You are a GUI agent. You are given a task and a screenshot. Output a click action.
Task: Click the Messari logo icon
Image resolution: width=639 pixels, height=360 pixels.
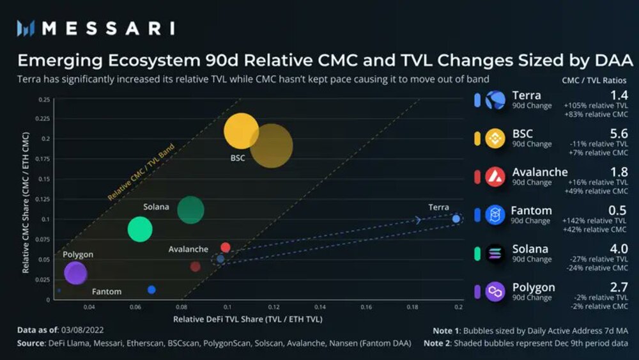26,28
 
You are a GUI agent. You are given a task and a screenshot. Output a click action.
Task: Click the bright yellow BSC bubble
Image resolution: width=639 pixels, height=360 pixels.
242,131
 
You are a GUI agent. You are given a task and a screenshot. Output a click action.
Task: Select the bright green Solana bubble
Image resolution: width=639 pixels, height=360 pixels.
140,229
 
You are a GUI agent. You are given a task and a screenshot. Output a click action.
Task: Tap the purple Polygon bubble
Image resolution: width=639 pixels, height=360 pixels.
75,274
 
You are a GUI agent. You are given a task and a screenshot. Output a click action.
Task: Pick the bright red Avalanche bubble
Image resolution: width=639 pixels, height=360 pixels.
225,247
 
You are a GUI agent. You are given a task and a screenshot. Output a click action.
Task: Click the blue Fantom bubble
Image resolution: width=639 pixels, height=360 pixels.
151,290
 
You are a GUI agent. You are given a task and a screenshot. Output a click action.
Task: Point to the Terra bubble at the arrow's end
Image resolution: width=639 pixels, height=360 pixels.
456,219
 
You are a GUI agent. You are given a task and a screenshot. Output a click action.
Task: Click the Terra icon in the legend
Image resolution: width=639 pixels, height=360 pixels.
495,100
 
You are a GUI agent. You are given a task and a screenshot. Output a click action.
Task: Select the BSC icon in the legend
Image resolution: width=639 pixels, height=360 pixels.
495,139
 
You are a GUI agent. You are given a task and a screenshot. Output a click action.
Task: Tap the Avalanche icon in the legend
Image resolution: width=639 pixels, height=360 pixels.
495,176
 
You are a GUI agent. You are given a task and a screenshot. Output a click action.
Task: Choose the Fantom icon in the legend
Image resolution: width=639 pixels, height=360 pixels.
495,215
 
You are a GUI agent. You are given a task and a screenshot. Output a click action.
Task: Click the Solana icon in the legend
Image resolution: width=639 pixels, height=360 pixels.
495,253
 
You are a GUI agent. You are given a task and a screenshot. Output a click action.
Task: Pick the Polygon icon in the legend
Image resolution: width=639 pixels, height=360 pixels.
495,292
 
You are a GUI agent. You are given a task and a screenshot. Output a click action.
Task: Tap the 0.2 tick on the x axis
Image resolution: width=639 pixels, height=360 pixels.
458,308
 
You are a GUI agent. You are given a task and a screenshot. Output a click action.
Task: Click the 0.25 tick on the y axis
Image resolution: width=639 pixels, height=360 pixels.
44,100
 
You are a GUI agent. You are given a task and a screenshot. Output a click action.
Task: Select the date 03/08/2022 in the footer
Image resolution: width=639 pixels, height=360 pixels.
83,331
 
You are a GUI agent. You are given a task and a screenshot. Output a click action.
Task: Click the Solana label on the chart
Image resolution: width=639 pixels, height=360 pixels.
156,207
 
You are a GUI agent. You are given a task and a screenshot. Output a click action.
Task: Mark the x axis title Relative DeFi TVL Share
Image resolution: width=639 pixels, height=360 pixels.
248,318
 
